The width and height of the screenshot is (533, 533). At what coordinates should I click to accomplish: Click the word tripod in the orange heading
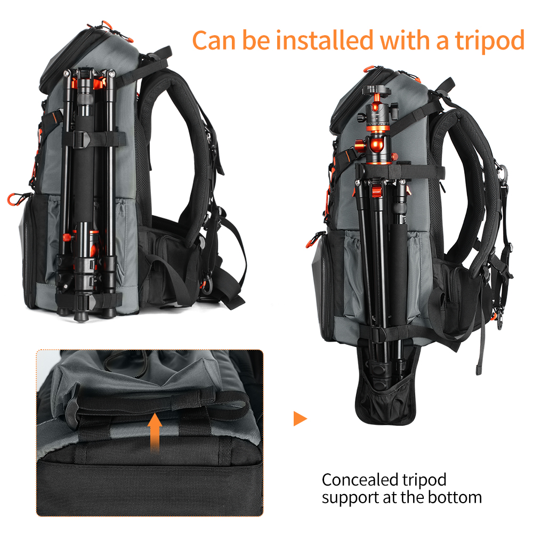pyautogui.click(x=489, y=42)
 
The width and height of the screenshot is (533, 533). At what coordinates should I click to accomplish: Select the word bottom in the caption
pyautogui.click(x=455, y=497)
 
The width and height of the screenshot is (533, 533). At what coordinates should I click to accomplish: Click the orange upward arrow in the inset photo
pyautogui.click(x=155, y=432)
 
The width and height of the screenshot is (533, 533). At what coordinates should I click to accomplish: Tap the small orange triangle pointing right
pyautogui.click(x=300, y=418)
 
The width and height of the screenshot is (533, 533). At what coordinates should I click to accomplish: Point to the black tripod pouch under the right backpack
pyautogui.click(x=386, y=387)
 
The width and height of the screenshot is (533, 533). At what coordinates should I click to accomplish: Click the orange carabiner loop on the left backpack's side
pyautogui.click(x=14, y=199)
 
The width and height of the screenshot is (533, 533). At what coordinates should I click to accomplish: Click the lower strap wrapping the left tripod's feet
pyautogui.click(x=88, y=301)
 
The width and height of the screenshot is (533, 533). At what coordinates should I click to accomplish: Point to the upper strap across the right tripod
pyautogui.click(x=400, y=172)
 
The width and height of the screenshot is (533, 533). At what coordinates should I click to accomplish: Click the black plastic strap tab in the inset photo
pyautogui.click(x=72, y=406)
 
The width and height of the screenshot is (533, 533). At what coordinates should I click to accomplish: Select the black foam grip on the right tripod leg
pyautogui.click(x=399, y=272)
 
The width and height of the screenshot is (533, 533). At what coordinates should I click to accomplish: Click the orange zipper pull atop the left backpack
pyautogui.click(x=106, y=25)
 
